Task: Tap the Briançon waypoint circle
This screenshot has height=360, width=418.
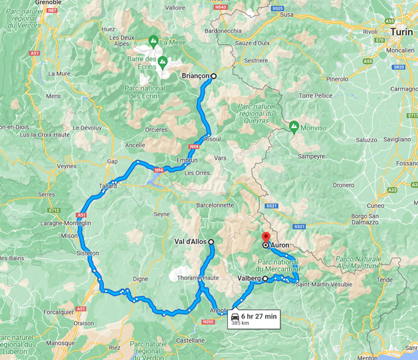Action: (x=213, y=76)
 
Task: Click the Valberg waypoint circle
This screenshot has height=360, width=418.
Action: (x=265, y=279)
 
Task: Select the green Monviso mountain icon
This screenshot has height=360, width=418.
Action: (x=294, y=127)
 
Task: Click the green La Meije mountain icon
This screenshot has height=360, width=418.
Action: (x=154, y=40)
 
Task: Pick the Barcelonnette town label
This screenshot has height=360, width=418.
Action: (x=215, y=205)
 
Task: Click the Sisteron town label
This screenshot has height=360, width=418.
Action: (x=87, y=253)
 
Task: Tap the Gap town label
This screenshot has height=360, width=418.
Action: (x=112, y=161)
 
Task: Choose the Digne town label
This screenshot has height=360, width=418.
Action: (x=140, y=279)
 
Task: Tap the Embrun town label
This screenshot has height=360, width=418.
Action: (x=187, y=160)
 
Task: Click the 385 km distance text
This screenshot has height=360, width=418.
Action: (x=241, y=323)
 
